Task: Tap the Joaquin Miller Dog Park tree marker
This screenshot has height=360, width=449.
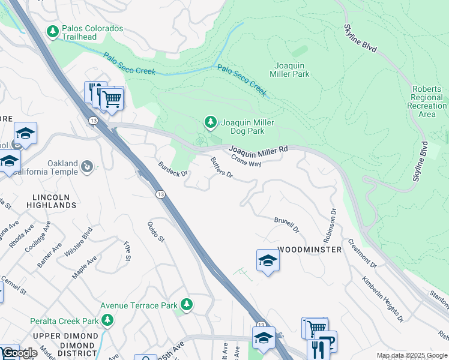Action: pos(210,123)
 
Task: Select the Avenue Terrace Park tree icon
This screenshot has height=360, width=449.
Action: pos(187,305)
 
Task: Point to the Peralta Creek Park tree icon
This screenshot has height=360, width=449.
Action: pos(107,320)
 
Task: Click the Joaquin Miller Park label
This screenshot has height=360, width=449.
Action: pos(292,70)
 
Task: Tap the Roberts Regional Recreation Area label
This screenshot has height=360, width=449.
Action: pos(427,101)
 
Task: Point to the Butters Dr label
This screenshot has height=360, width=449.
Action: pos(221,167)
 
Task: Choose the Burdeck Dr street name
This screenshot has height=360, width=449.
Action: pos(173,169)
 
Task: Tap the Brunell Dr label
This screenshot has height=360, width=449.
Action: pos(287,225)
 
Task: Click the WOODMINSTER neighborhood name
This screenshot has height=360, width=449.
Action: pos(310,249)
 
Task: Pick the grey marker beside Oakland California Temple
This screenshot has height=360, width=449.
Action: pos(87,166)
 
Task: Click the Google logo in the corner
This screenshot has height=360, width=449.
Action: pos(20,353)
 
